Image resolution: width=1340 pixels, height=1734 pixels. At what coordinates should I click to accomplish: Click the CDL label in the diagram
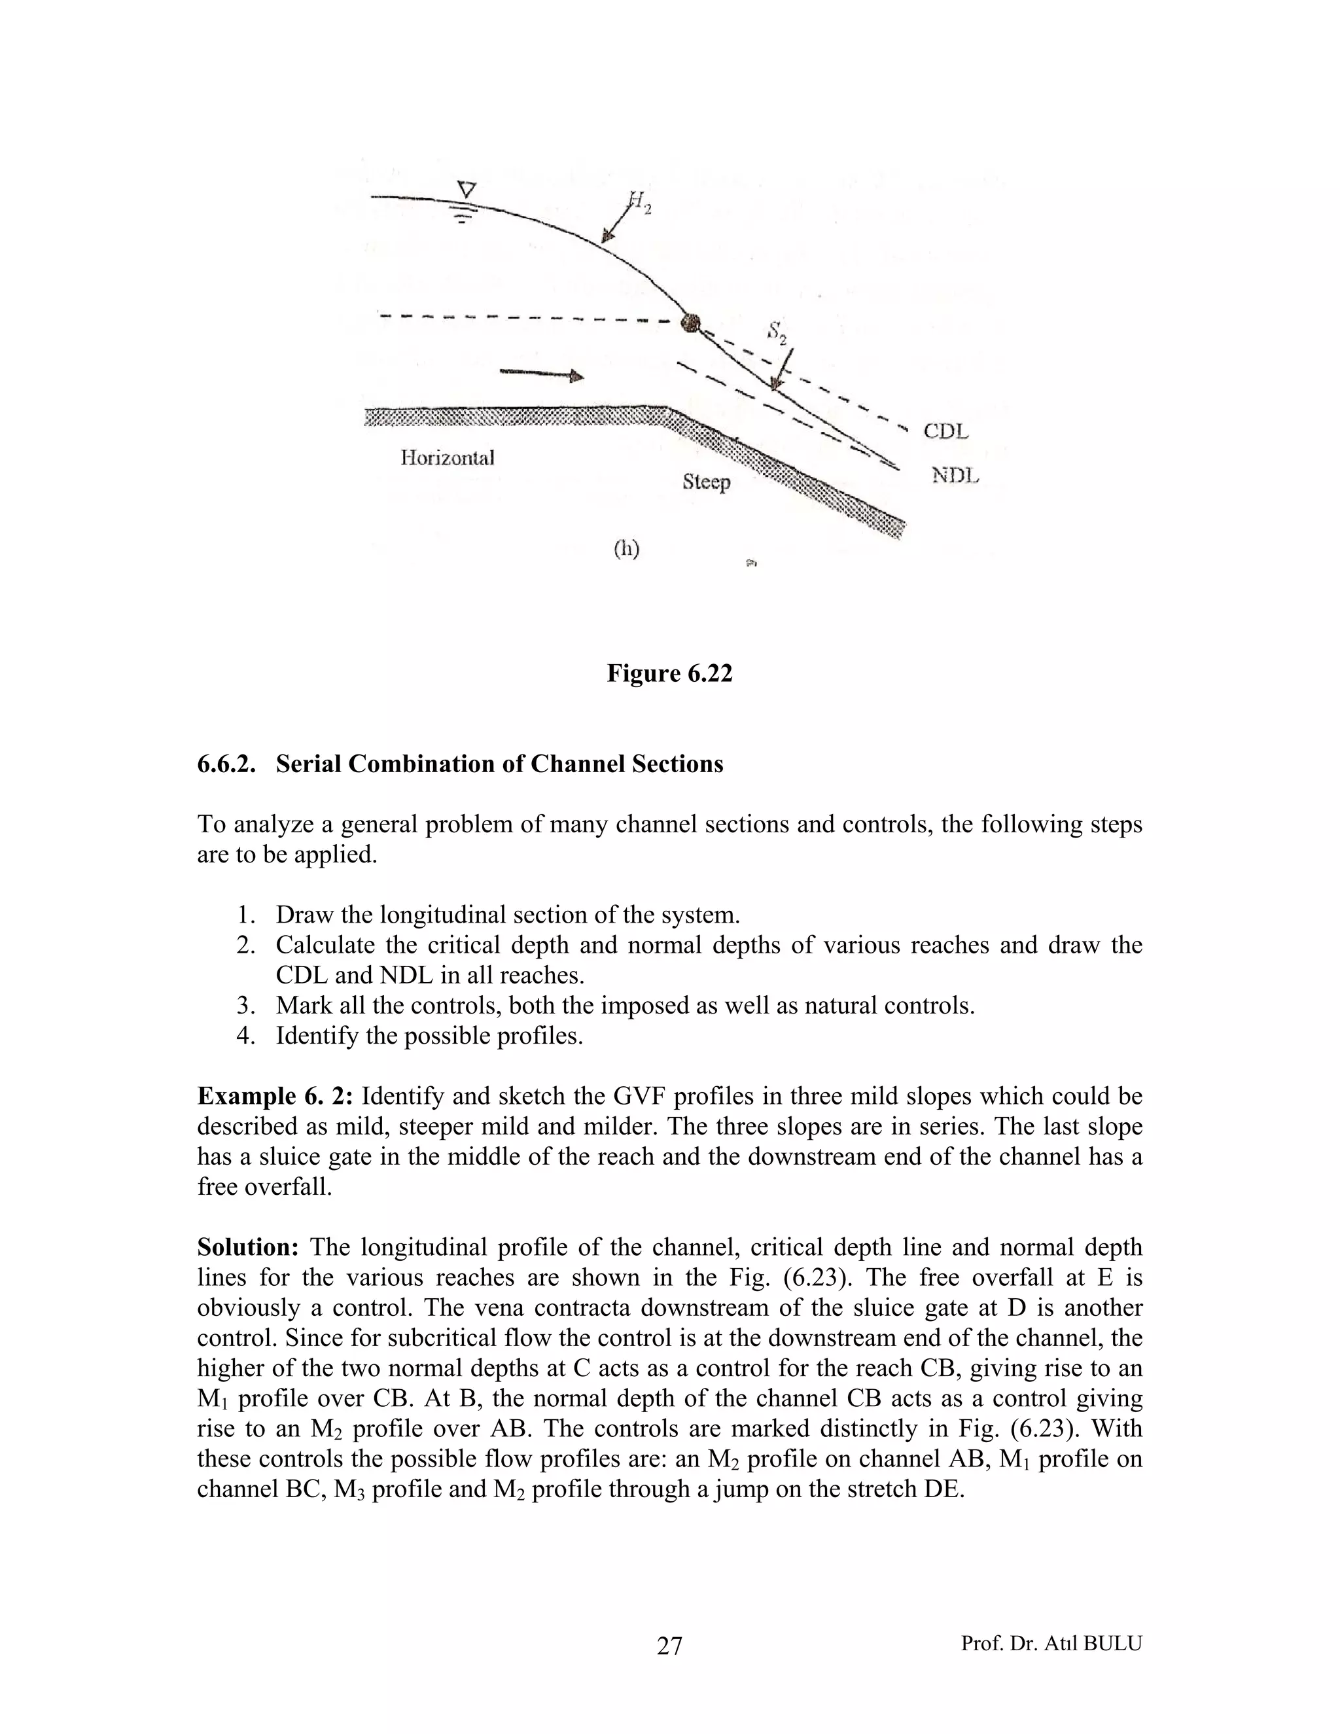(945, 431)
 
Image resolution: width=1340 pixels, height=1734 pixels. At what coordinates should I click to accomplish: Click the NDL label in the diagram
(955, 476)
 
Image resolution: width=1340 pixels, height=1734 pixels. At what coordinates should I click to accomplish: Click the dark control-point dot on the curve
(692, 323)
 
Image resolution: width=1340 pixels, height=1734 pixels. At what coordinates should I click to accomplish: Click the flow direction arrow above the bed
(541, 376)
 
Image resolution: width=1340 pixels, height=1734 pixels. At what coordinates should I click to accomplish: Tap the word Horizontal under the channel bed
(447, 458)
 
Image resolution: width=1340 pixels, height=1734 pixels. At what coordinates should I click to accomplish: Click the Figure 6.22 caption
(669, 673)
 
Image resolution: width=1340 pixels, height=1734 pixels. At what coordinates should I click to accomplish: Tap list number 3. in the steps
(245, 1006)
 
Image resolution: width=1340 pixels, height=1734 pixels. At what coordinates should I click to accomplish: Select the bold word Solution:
(248, 1247)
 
